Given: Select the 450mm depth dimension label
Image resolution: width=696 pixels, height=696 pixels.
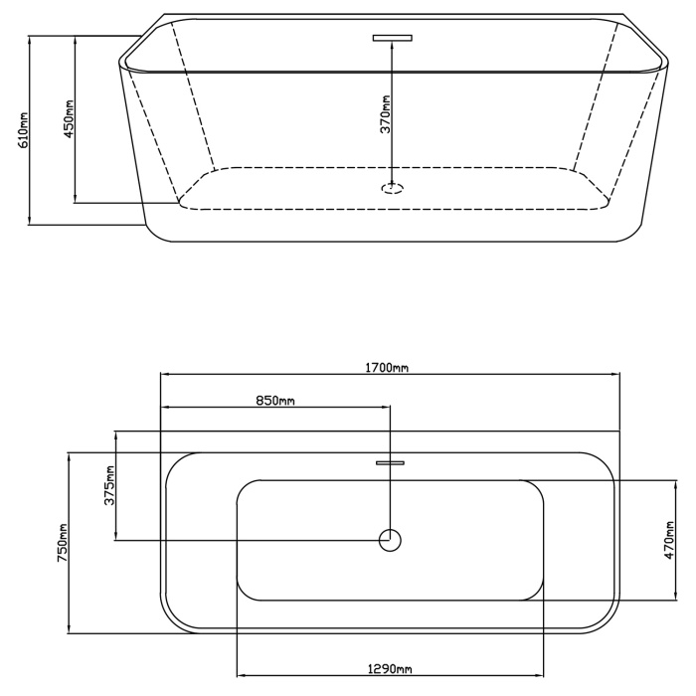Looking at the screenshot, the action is click(x=70, y=118).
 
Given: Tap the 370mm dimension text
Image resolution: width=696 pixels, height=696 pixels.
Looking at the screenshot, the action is click(x=385, y=114).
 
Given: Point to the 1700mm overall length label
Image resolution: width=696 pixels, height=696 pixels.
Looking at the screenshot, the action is click(x=387, y=368).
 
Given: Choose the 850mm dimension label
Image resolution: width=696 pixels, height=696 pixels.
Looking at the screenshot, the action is click(x=275, y=401).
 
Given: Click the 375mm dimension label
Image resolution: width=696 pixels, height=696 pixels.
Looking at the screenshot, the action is click(x=109, y=485).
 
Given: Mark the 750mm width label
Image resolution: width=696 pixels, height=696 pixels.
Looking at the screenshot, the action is click(x=62, y=543).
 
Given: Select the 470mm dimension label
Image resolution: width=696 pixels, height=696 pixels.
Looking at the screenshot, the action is click(x=670, y=540).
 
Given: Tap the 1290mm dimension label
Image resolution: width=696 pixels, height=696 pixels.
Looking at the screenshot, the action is click(x=390, y=668).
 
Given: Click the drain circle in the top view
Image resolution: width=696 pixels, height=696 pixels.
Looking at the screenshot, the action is click(x=390, y=530).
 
